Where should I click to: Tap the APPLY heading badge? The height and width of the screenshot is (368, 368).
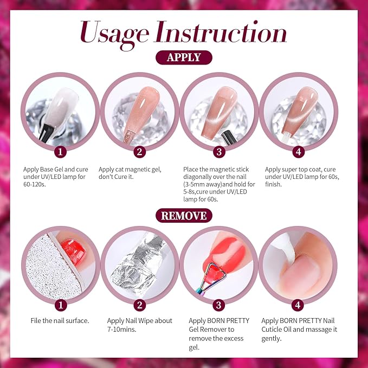184,57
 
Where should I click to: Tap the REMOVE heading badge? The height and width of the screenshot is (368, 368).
184,215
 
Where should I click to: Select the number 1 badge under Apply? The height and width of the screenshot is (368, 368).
62,151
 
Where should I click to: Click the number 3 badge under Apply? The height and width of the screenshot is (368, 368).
218,151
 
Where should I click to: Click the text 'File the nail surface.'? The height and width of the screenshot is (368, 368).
60,320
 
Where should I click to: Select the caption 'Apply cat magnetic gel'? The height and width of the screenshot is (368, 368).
130,170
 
